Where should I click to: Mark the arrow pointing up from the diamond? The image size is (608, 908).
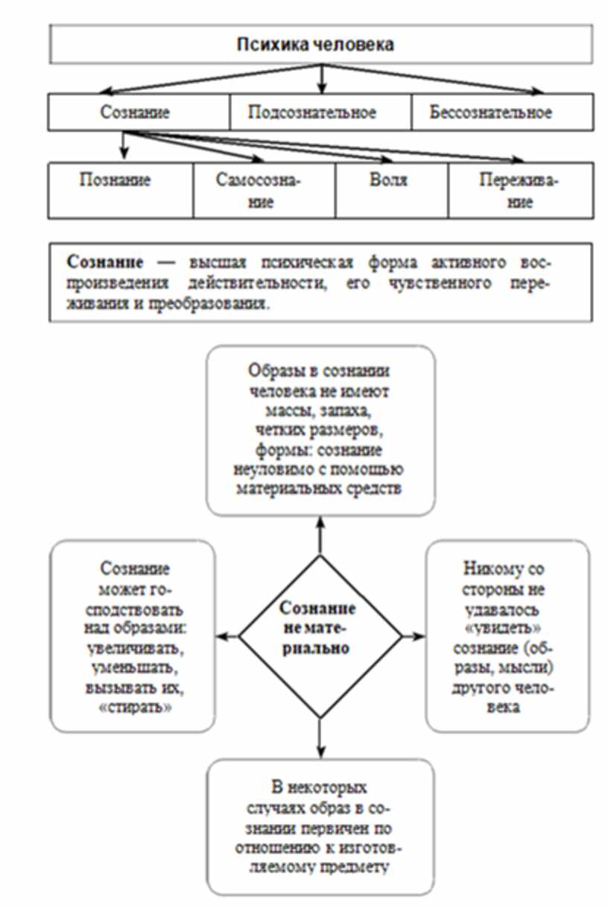click(x=320, y=535)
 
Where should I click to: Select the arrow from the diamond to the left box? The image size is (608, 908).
click(x=227, y=637)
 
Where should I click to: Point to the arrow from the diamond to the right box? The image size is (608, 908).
click(x=413, y=637)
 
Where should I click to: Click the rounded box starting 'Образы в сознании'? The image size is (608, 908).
click(x=320, y=430)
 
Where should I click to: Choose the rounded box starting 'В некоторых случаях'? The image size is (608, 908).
click(x=320, y=827)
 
